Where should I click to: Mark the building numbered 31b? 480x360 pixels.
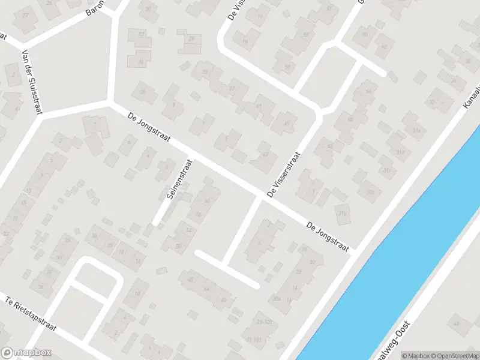(x=370, y=192)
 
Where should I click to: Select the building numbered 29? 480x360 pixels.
(x=191, y=38)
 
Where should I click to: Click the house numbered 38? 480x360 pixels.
(x=143, y=92)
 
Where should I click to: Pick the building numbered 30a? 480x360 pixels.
(x=277, y=298)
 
